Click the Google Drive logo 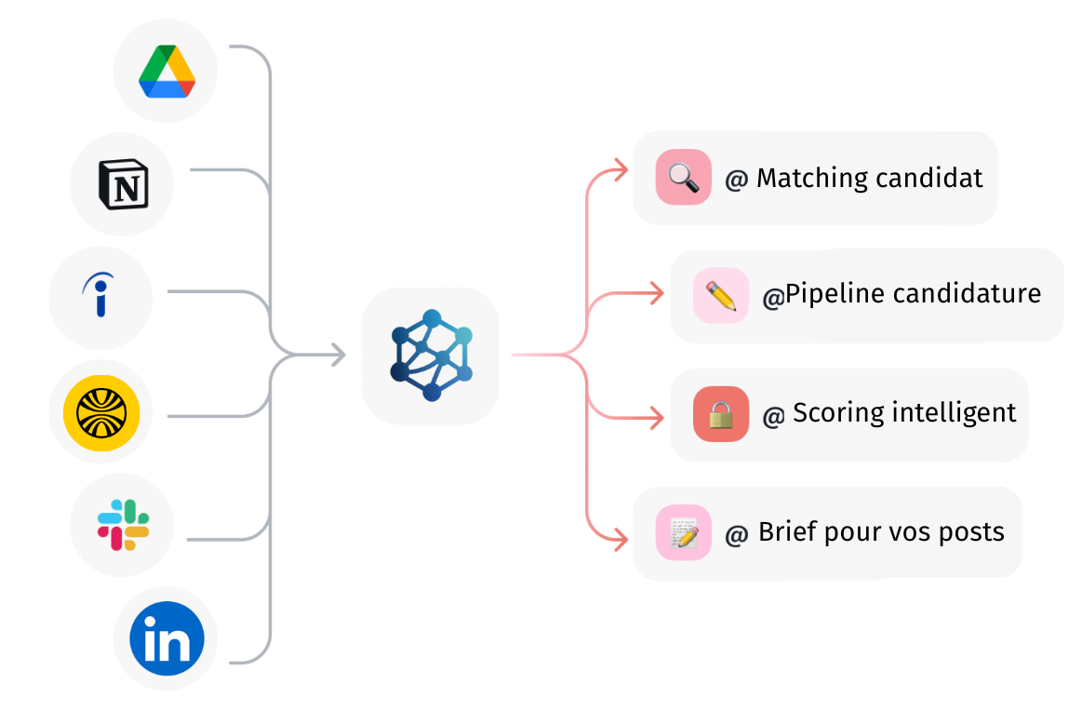[x=167, y=72]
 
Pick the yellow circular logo [x=95, y=412]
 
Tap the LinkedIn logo [x=167, y=640]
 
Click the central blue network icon [x=431, y=355]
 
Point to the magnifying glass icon [x=683, y=177]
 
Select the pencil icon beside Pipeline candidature [x=721, y=295]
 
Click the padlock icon [x=721, y=413]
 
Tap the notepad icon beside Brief [x=683, y=532]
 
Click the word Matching [x=811, y=178]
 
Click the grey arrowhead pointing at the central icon [x=338, y=355]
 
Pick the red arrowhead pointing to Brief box [x=621, y=538]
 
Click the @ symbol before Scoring [x=773, y=415]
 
